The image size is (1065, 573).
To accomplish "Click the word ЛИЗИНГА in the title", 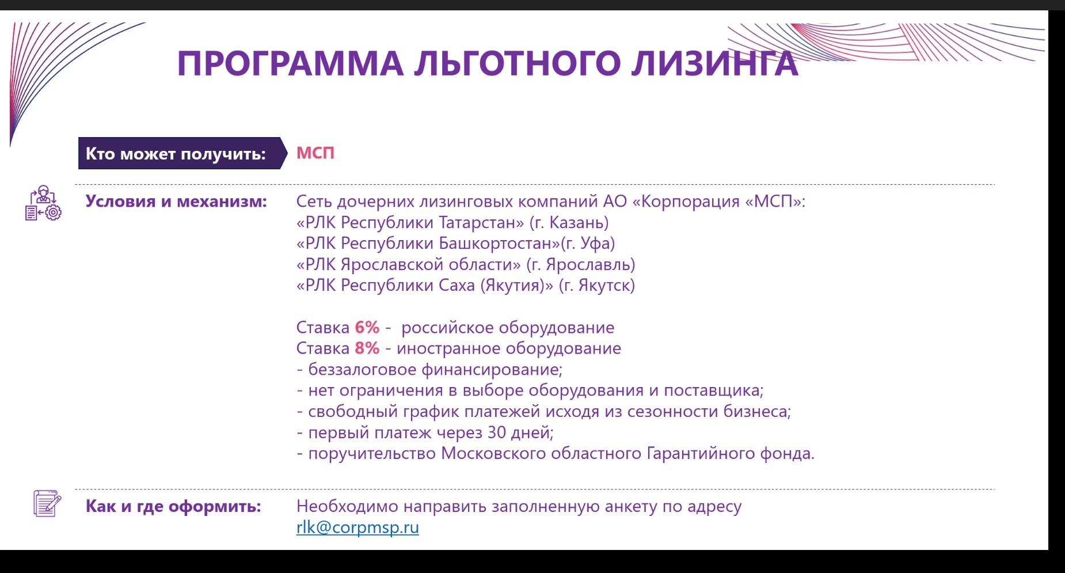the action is pos(714,63).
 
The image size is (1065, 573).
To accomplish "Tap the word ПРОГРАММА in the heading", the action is pos(290,63).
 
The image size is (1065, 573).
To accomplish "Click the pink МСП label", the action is pos(315,153).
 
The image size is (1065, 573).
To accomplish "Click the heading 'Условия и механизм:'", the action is pos(176,202).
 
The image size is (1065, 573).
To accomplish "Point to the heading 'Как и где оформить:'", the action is pos(173,506).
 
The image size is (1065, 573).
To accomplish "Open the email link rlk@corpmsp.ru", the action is pos(357,528).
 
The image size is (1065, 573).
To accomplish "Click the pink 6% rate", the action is pos(367,328).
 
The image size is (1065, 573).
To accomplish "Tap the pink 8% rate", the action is pos(367,348).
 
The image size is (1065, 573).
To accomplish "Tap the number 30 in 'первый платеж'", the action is pos(497,432).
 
